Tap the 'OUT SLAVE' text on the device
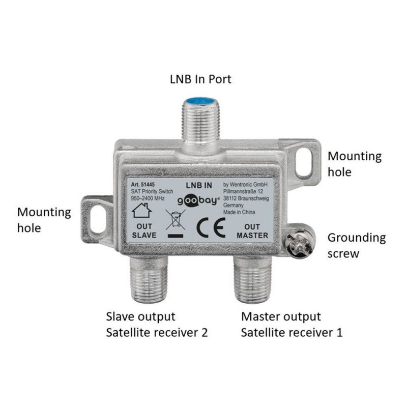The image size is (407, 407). [x=144, y=231]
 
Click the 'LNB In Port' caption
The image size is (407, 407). [x=200, y=79]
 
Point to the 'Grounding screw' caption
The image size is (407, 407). [x=356, y=245]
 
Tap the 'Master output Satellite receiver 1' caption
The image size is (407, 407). [x=292, y=325]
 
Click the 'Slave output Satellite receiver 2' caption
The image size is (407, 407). [x=157, y=325]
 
